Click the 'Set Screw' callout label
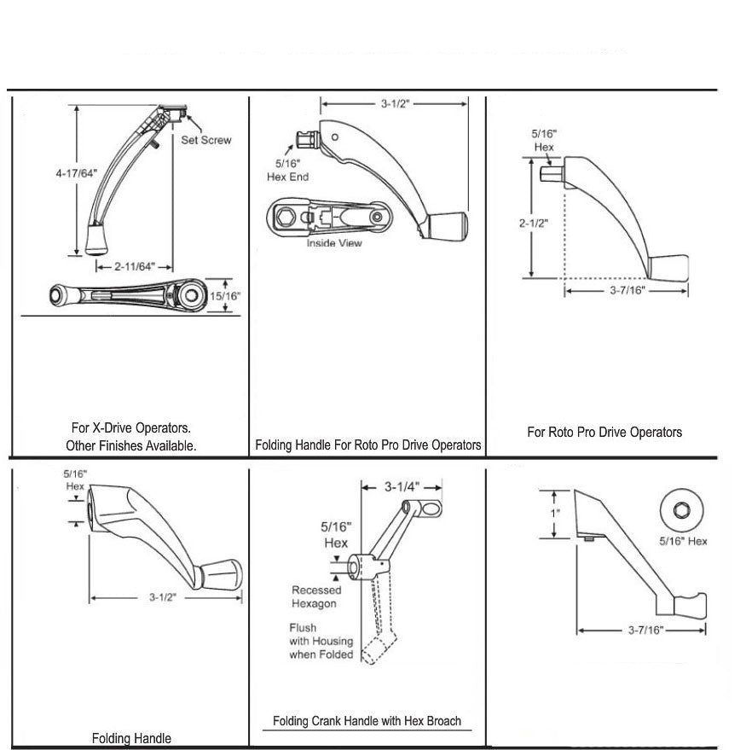click(205, 139)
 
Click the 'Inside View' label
click(334, 243)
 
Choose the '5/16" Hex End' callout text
click(287, 170)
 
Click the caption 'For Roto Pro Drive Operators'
click(604, 432)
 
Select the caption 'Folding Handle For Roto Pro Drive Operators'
click(367, 445)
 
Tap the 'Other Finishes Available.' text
click(130, 445)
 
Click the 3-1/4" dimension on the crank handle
click(400, 487)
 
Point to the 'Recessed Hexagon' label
click(315, 596)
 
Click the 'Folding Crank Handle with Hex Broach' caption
click(367, 721)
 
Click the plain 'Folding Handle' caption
click(130, 738)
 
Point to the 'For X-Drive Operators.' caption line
click(130, 427)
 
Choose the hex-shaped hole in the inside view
click(282, 217)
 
